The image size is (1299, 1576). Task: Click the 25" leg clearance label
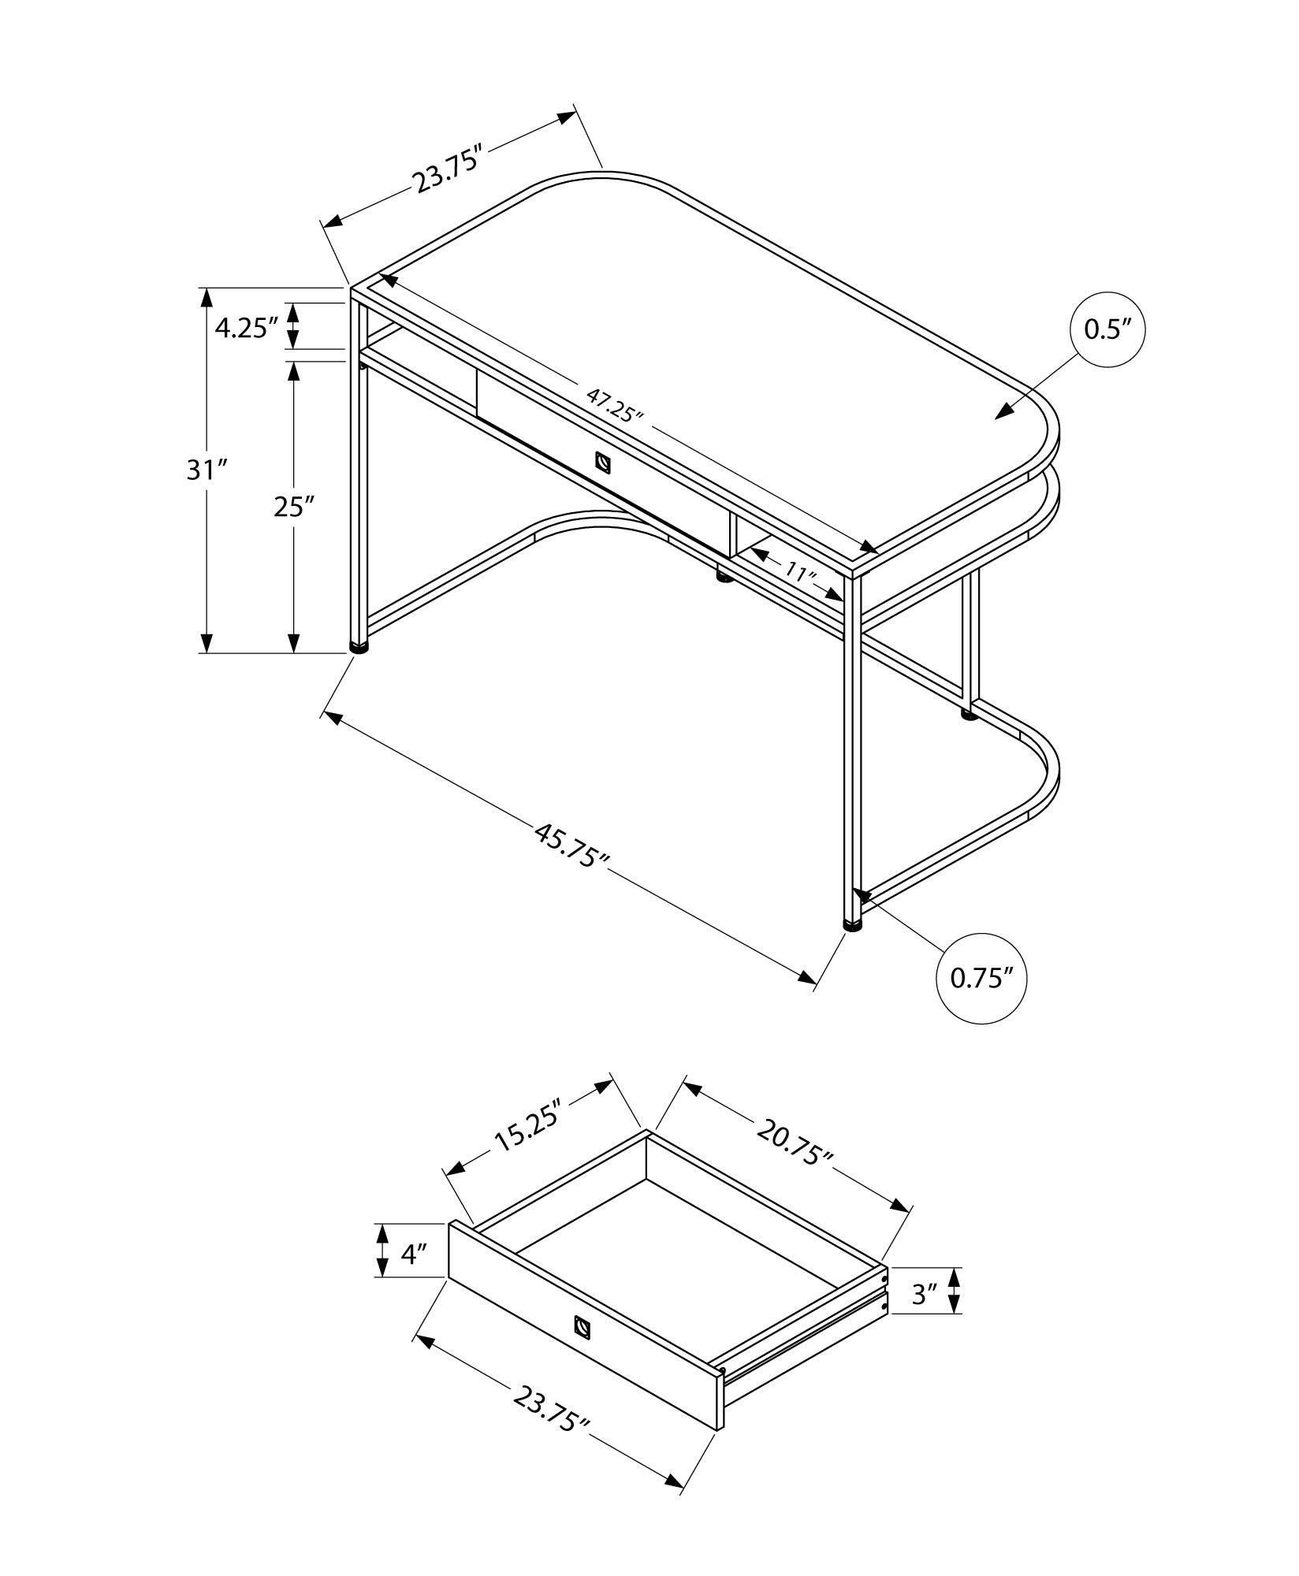click(x=294, y=507)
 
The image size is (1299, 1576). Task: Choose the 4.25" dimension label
click(x=246, y=328)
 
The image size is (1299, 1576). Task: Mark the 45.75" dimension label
click(x=573, y=846)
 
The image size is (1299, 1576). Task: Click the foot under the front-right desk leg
click(x=852, y=926)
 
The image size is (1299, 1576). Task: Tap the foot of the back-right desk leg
click(x=970, y=716)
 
